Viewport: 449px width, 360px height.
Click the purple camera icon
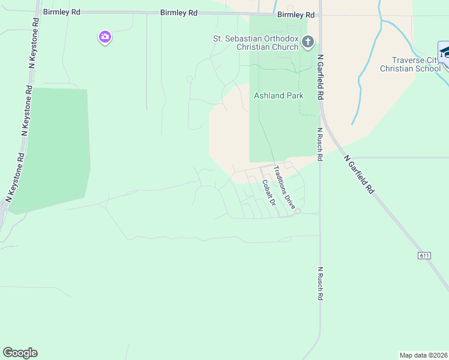(105, 38)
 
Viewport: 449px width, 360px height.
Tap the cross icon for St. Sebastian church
(308, 42)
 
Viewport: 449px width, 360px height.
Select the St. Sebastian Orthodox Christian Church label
(256, 43)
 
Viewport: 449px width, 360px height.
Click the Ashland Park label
(279, 95)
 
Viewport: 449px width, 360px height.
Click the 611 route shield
(424, 256)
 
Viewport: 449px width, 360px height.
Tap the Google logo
(20, 353)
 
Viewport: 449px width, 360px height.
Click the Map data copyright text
(423, 355)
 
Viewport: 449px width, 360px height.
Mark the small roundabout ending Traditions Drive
(298, 211)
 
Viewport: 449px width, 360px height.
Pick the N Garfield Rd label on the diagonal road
(360, 174)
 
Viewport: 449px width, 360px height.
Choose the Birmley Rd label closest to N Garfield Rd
(296, 14)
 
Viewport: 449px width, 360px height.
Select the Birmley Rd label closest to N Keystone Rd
(61, 12)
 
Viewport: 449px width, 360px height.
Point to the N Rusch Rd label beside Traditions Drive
(320, 145)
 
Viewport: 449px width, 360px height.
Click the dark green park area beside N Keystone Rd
(51, 150)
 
